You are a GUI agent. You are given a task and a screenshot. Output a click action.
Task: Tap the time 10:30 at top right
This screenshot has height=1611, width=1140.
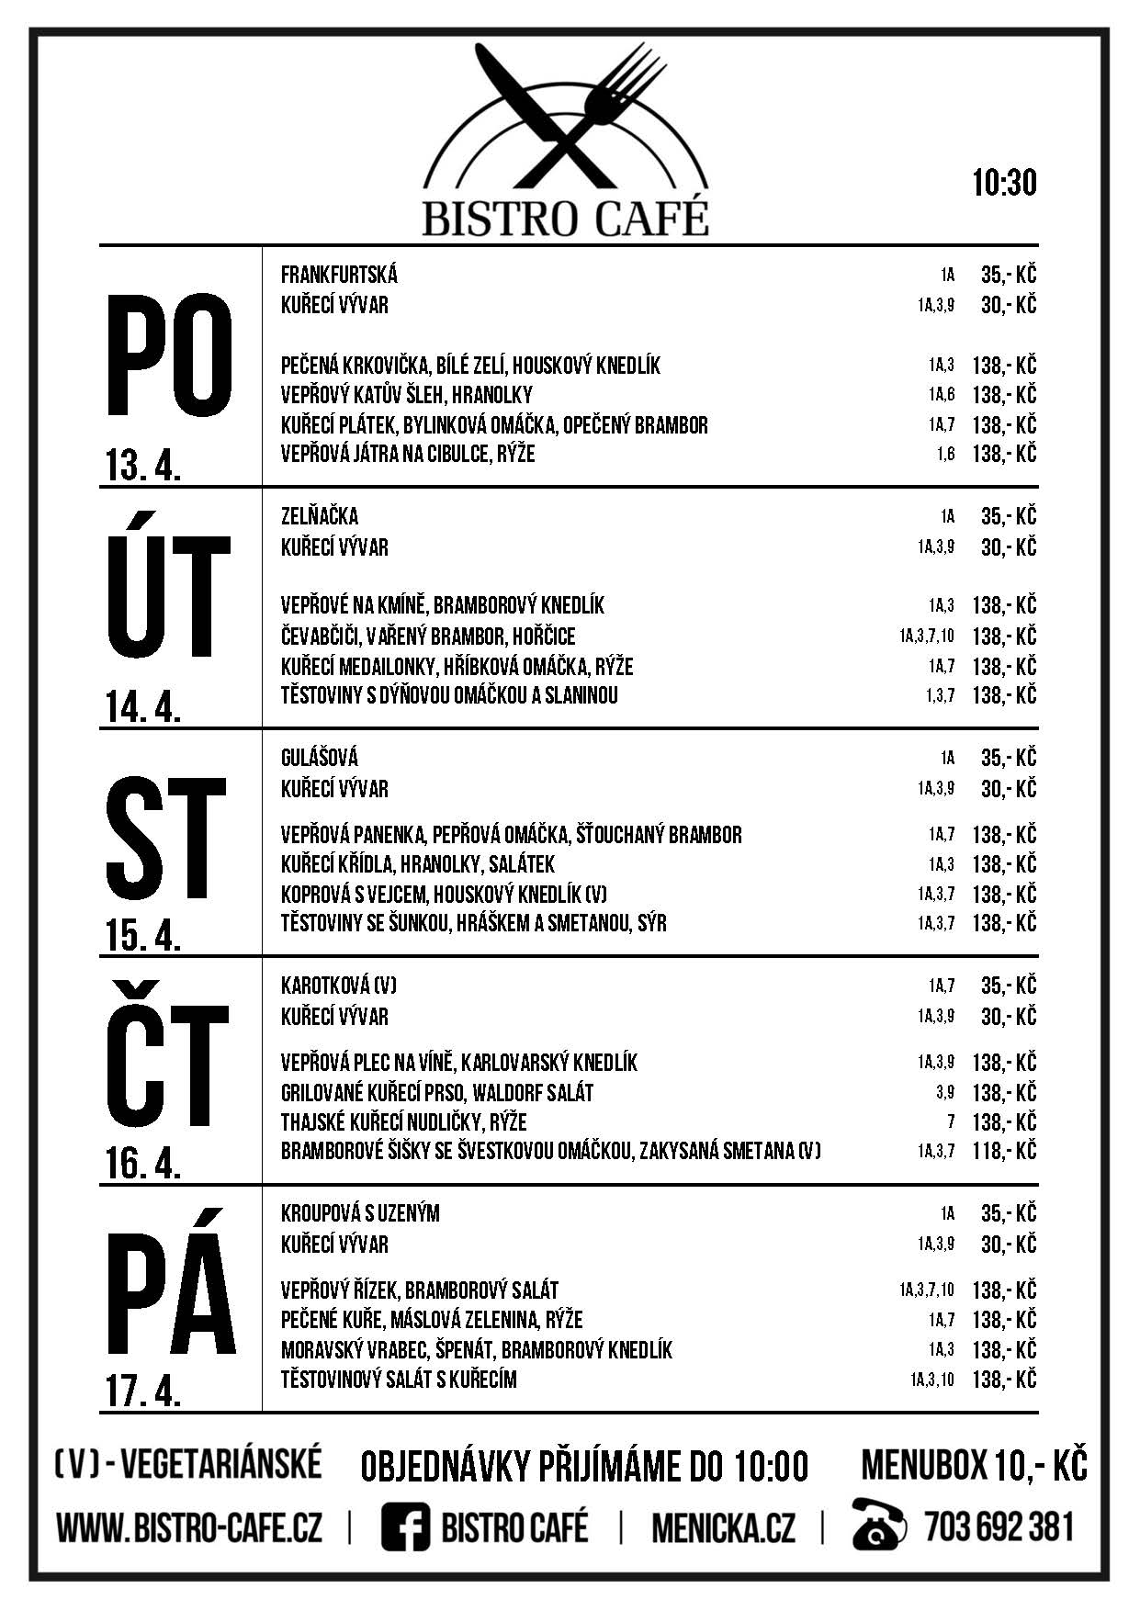click(1004, 183)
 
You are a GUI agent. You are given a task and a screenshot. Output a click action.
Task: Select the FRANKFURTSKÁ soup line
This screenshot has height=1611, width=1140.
click(339, 275)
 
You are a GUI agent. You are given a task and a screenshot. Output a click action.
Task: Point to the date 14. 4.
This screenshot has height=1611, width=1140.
click(143, 707)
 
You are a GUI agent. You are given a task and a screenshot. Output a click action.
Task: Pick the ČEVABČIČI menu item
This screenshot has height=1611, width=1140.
click(428, 636)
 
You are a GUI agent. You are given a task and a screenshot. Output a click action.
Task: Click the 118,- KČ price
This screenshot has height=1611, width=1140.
click(1004, 1151)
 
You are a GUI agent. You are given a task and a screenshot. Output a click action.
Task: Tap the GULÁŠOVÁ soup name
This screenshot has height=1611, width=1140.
click(320, 758)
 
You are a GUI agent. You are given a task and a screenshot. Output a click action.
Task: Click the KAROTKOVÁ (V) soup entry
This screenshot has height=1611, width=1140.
click(338, 986)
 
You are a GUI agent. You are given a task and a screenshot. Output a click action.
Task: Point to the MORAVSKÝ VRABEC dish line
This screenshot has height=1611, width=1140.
click(476, 1349)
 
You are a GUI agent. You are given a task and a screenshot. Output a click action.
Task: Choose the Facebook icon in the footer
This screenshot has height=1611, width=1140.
click(405, 1528)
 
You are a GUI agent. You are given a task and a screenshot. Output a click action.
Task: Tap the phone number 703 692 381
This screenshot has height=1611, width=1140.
click(999, 1527)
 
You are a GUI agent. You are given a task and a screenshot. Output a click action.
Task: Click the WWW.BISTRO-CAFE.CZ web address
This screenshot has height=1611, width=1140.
click(189, 1528)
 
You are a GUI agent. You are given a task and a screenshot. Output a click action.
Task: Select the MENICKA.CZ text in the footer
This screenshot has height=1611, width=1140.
click(723, 1528)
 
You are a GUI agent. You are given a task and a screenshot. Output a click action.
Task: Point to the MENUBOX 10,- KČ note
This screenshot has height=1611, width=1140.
click(973, 1465)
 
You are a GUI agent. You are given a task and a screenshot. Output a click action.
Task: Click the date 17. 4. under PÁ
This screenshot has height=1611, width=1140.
click(143, 1392)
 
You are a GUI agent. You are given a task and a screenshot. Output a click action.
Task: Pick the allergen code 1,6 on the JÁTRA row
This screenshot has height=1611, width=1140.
click(945, 454)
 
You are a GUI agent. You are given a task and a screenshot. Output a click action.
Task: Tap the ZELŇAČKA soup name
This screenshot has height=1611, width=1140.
click(320, 516)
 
